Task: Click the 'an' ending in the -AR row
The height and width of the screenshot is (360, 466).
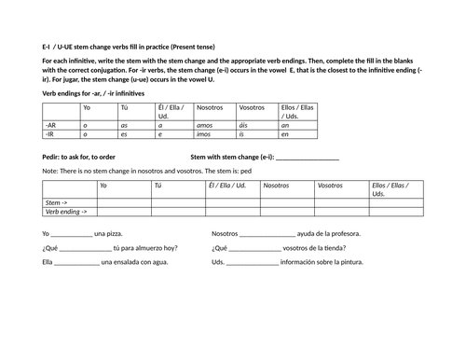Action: [285, 124]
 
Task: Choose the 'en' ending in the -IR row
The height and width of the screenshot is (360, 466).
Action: [285, 134]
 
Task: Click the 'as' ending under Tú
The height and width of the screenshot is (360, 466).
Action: [124, 124]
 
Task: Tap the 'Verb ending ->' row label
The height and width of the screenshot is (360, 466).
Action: [65, 212]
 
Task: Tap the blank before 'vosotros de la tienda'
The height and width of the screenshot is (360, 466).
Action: [254, 249]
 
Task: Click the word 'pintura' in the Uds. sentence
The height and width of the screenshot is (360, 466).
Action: [349, 262]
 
